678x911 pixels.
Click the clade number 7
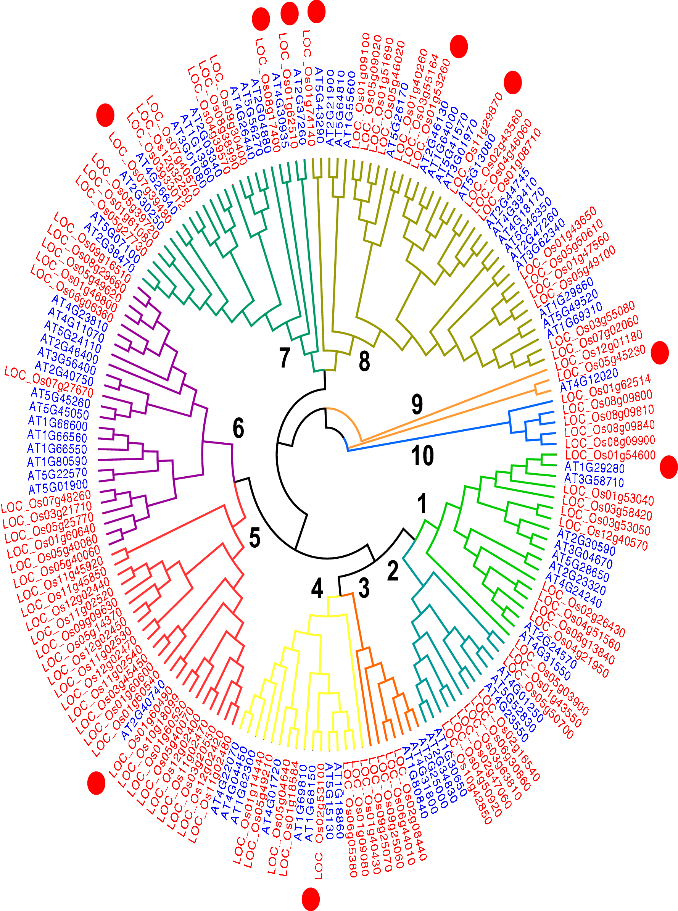284,358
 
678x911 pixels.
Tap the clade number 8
364,361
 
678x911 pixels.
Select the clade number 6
238,428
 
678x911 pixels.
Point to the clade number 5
254,537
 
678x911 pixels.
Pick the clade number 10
422,455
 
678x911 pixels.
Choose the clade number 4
317,588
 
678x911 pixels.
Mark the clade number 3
364,587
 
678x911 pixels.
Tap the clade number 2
393,571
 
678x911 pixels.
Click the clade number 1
422,503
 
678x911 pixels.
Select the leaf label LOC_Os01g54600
610,455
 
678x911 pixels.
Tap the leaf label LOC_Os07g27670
49,382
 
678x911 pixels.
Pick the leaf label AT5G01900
58,487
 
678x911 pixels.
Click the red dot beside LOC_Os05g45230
660,353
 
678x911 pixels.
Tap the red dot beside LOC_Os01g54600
668,467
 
